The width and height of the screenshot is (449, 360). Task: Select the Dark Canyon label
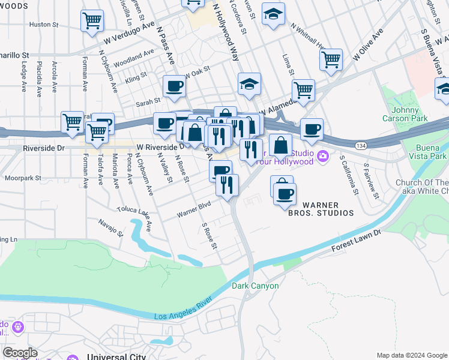click(x=255, y=286)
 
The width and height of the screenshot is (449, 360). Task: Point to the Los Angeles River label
click(x=184, y=313)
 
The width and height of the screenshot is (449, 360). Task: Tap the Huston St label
click(x=44, y=25)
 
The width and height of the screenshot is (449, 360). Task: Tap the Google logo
click(x=20, y=352)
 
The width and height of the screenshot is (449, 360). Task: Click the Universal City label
click(x=116, y=356)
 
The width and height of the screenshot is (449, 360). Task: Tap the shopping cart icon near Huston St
click(x=92, y=22)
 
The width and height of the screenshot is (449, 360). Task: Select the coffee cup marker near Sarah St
click(x=174, y=86)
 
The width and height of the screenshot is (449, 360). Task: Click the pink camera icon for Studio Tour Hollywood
click(x=323, y=157)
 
